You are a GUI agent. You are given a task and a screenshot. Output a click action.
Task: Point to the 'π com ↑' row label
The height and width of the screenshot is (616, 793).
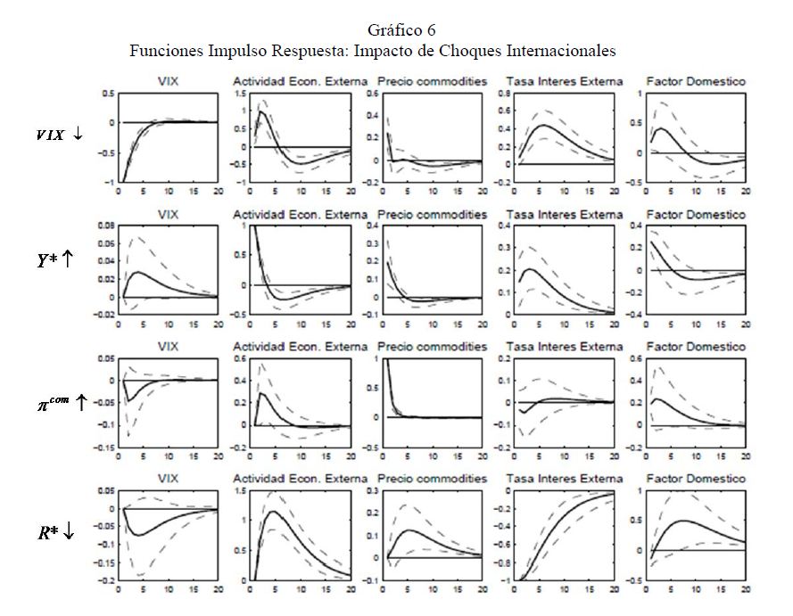coord(55,403)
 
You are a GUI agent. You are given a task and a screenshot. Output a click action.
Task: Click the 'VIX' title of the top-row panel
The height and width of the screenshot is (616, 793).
coord(168,81)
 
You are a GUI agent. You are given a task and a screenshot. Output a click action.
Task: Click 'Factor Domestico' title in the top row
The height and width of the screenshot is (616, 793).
coord(697,81)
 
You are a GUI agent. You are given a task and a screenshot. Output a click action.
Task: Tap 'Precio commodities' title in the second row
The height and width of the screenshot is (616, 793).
coord(432,215)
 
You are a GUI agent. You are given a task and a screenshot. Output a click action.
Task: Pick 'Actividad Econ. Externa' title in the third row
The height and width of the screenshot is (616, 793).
coord(300,346)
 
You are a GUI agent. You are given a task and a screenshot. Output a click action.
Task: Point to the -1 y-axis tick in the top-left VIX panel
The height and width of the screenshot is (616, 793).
coord(110,182)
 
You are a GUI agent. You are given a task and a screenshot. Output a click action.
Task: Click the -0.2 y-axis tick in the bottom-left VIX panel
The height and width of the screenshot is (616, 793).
coord(107,579)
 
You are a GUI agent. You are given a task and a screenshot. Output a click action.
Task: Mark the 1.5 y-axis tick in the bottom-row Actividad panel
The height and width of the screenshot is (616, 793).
coord(239,491)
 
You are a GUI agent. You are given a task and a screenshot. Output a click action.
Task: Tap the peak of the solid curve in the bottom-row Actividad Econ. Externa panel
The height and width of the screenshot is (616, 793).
coord(271,511)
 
